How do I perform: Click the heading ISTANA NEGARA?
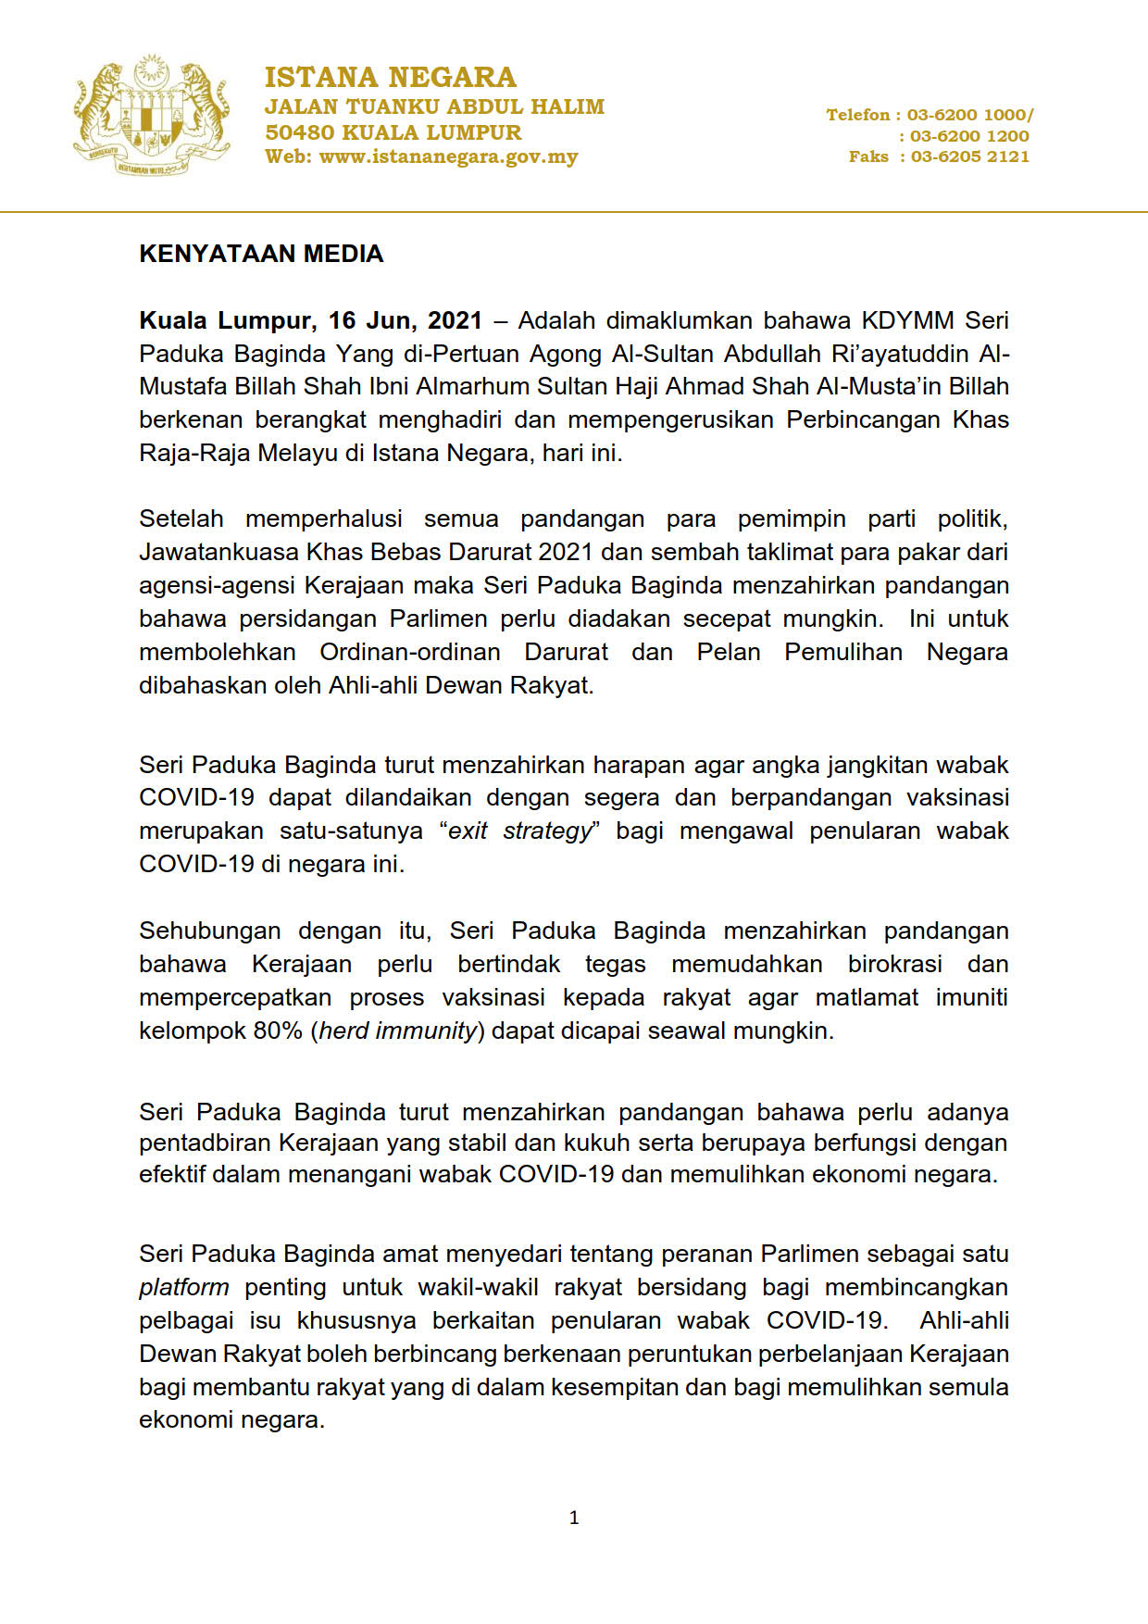[390, 77]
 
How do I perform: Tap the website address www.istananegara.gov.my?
[448, 157]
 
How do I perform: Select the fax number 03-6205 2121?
[969, 157]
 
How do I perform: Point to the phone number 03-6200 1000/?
[969, 115]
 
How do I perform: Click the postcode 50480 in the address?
[298, 132]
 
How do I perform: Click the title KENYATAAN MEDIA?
[261, 254]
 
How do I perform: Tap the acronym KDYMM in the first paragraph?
[907, 320]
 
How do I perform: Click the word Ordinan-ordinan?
[409, 652]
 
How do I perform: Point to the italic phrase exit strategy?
[518, 831]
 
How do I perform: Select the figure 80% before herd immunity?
[278, 1031]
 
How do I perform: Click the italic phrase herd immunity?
[398, 1031]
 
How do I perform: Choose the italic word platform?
[183, 1287]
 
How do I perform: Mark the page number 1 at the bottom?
[574, 1518]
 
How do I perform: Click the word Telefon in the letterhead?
[857, 115]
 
